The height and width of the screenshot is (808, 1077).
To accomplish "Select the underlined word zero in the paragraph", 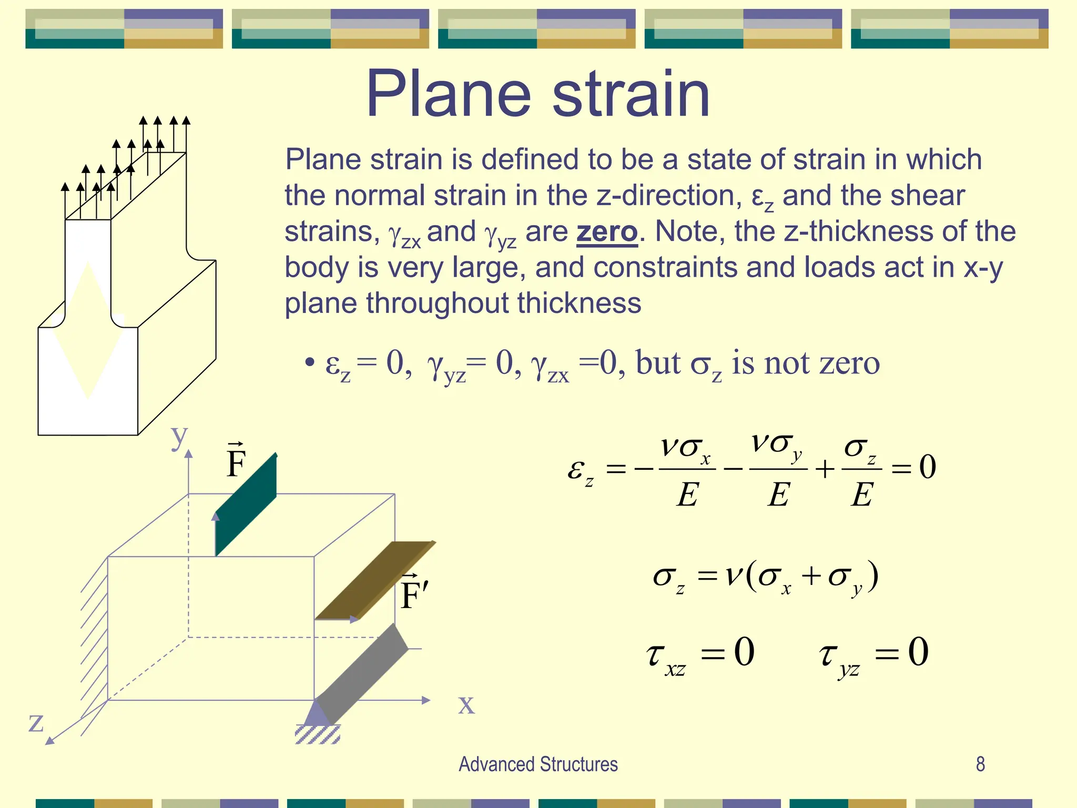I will click(x=607, y=232).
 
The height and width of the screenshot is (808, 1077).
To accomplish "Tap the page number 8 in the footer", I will click(x=980, y=764).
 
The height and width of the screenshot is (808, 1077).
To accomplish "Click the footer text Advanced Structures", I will click(x=538, y=764).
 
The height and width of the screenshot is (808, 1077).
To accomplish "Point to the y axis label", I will click(x=179, y=436).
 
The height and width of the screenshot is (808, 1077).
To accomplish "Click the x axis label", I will click(x=466, y=704).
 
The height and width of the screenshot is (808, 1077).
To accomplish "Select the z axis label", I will click(x=35, y=722).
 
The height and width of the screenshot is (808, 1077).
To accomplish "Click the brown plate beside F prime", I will click(x=374, y=581).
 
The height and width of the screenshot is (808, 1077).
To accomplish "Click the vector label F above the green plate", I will click(x=236, y=461).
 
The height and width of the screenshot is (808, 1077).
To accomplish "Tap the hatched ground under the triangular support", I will click(x=318, y=734).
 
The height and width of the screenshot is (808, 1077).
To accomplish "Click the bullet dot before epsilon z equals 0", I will click(x=310, y=362).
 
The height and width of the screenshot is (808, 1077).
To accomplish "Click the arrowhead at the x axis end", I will click(x=426, y=700).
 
